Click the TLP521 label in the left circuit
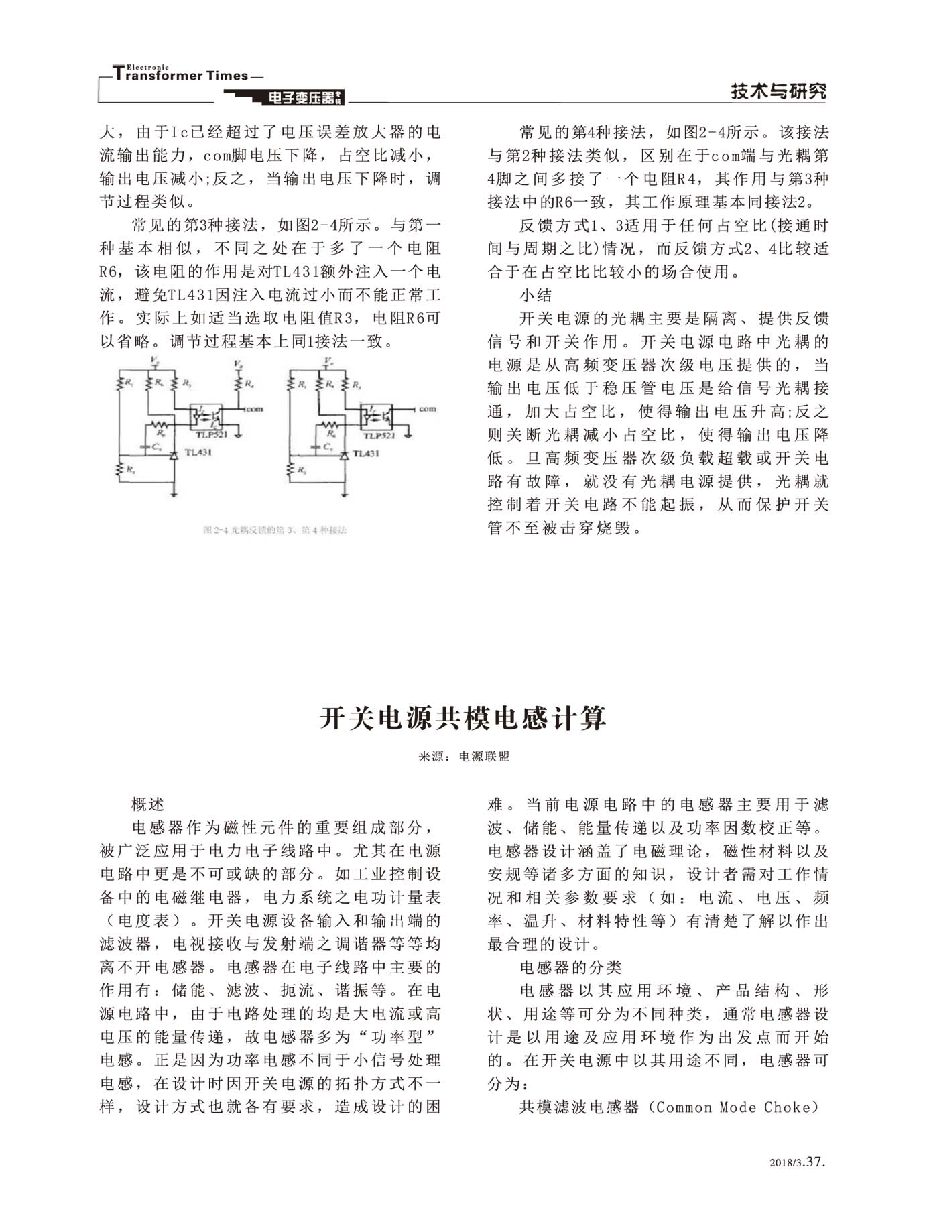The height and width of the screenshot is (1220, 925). [211, 434]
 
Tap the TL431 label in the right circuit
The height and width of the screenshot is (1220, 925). [366, 454]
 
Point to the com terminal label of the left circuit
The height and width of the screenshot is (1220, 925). [254, 409]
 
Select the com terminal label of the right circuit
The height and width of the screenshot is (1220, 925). [427, 408]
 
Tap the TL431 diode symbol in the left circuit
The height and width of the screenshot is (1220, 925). [174, 454]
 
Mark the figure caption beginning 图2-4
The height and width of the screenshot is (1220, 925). [275, 530]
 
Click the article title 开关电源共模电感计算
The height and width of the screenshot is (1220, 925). [462, 718]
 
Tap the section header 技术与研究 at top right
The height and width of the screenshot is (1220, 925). [778, 92]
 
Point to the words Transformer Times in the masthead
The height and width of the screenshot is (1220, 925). [181, 75]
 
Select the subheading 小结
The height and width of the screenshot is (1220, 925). [536, 295]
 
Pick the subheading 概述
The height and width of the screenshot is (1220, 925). [148, 804]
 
